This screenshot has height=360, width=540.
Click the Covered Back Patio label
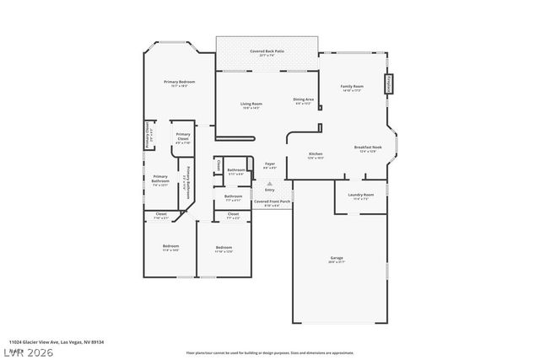coord(267,51)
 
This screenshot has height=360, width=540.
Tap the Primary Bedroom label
coord(179,82)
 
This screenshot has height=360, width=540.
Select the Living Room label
coord(251,104)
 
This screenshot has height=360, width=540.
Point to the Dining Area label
coord(303,99)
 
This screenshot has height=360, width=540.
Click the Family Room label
coord(352,86)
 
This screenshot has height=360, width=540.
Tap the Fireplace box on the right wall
coord(388,83)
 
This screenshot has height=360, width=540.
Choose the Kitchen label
coord(316,154)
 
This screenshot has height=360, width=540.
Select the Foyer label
coord(270,164)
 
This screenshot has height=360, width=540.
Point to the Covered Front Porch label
coord(273,202)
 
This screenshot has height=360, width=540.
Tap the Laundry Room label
coord(360,196)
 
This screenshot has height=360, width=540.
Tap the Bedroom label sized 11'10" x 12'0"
coord(224,248)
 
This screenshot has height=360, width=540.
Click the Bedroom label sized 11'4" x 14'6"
coord(171,247)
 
